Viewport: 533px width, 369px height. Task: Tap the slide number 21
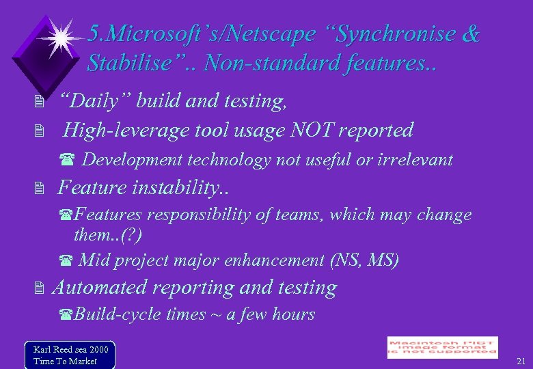point(521,360)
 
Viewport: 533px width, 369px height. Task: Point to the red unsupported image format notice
point(442,347)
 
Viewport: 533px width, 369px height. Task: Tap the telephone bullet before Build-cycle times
point(66,315)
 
